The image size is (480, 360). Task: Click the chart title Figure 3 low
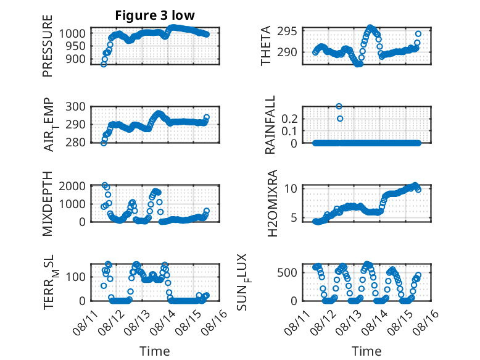[x=155, y=15]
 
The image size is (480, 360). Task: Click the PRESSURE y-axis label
[x=48, y=46]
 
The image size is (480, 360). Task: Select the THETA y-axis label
[x=266, y=46]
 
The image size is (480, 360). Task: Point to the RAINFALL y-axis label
[x=270, y=125]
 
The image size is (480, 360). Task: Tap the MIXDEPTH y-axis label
[x=48, y=203]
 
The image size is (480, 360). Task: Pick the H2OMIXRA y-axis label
[x=272, y=203]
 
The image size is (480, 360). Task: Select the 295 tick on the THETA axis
[x=287, y=31]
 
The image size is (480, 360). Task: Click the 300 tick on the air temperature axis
[x=76, y=107]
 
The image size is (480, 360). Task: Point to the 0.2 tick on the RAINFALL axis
[x=289, y=119]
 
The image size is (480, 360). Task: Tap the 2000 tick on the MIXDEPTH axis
[x=72, y=186]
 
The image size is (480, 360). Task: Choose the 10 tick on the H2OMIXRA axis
[x=291, y=188]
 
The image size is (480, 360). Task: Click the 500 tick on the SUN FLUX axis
[x=287, y=272]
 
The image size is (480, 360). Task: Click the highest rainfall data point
[x=339, y=106]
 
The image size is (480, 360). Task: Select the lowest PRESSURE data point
[x=104, y=64]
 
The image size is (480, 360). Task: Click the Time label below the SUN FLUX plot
[x=366, y=351]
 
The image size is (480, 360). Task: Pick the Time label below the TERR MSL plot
[x=155, y=351]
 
